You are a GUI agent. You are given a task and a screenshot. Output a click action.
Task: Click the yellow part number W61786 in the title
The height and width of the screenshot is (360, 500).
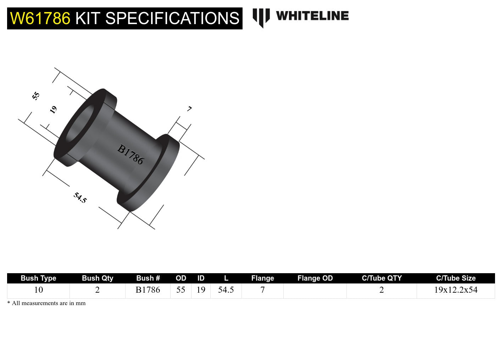click(40, 18)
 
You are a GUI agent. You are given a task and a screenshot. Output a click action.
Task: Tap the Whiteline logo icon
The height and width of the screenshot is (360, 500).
click(261, 17)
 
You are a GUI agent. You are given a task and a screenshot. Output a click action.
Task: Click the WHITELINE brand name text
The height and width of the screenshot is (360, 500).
click(312, 16)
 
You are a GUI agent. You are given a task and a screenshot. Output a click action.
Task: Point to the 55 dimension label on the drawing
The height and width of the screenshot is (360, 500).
click(36, 96)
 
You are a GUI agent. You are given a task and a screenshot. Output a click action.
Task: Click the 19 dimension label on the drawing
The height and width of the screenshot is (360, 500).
click(53, 109)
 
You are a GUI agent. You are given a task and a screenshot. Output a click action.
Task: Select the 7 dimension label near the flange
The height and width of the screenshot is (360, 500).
click(189, 109)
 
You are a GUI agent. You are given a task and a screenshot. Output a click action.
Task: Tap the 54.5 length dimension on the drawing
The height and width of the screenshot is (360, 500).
click(80, 198)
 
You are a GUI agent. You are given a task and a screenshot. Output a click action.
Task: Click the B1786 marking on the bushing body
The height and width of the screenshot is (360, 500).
click(130, 154)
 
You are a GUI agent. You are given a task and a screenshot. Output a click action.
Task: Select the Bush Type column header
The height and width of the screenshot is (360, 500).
click(38, 278)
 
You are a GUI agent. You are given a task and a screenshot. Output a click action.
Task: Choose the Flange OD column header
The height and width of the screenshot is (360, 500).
click(315, 278)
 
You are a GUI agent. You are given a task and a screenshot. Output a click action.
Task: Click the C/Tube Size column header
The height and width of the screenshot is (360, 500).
click(456, 278)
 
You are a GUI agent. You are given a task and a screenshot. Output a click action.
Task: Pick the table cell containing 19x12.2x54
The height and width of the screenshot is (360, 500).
click(456, 290)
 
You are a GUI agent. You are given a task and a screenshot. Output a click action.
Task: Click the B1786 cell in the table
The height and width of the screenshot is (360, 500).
click(148, 290)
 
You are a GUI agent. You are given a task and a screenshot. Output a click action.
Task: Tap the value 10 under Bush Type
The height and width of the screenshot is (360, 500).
click(38, 290)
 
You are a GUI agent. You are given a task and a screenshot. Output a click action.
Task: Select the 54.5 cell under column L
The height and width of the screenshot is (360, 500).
click(226, 290)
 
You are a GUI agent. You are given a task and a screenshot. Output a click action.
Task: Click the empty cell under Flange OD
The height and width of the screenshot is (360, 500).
click(315, 291)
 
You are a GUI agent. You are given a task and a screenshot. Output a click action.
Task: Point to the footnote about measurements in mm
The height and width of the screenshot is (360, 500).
click(46, 303)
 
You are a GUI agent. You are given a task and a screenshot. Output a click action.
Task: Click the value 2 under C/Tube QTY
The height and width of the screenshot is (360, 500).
click(382, 290)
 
